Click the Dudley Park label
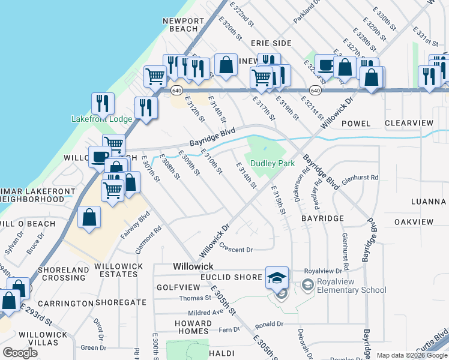tap(272, 163)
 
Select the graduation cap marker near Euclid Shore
tap(277, 278)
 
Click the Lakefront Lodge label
tap(101, 119)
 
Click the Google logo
tap(20, 353)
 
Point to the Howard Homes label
tap(193, 327)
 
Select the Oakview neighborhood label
tap(414, 222)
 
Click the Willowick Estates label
tap(119, 270)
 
